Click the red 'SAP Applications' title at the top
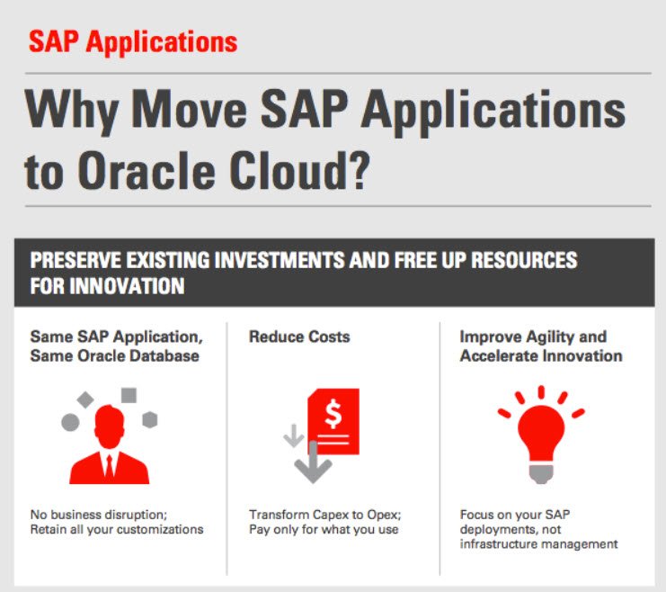click(x=133, y=42)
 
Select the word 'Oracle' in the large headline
click(x=147, y=170)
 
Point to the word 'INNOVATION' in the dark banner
click(x=127, y=286)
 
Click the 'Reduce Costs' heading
click(x=299, y=336)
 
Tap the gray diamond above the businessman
click(x=85, y=399)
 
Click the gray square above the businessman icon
click(x=129, y=395)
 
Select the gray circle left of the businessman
click(x=70, y=422)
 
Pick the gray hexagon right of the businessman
click(x=150, y=420)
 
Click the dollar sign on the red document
click(x=333, y=414)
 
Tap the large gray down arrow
click(x=313, y=462)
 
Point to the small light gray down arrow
click(x=294, y=436)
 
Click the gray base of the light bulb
click(x=541, y=474)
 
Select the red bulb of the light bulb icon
click(x=541, y=433)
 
